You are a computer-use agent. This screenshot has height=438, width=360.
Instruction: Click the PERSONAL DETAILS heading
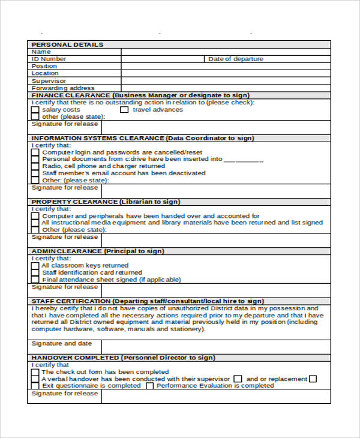tap(67, 44)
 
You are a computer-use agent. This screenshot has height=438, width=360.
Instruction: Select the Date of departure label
tap(235, 59)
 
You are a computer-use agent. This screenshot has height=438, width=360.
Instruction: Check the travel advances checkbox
tap(124, 110)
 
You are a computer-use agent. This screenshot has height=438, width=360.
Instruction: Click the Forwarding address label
tap(63, 88)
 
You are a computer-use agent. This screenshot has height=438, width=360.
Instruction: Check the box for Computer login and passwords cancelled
tap(35, 152)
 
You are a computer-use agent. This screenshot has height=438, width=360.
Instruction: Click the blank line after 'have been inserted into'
tap(244, 160)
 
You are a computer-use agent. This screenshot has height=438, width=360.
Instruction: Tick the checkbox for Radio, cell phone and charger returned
tap(35, 166)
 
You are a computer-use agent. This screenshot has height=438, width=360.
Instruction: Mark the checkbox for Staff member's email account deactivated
tap(35, 173)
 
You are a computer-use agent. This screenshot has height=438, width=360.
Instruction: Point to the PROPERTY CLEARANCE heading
tap(66, 202)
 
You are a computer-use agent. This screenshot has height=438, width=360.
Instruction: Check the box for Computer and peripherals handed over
tap(35, 216)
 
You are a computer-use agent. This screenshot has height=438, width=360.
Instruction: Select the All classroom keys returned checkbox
tap(35, 265)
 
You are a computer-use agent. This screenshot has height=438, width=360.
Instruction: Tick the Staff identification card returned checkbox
tap(35, 272)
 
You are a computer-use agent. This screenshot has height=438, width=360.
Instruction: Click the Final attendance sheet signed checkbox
tap(35, 280)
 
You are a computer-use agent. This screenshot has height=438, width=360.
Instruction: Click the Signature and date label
tap(62, 343)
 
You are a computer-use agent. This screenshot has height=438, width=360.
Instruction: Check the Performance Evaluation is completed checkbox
tap(149, 386)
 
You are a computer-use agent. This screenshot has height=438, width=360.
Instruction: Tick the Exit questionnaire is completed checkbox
tap(35, 386)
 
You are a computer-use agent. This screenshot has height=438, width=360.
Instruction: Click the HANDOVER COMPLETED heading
tap(75, 358)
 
